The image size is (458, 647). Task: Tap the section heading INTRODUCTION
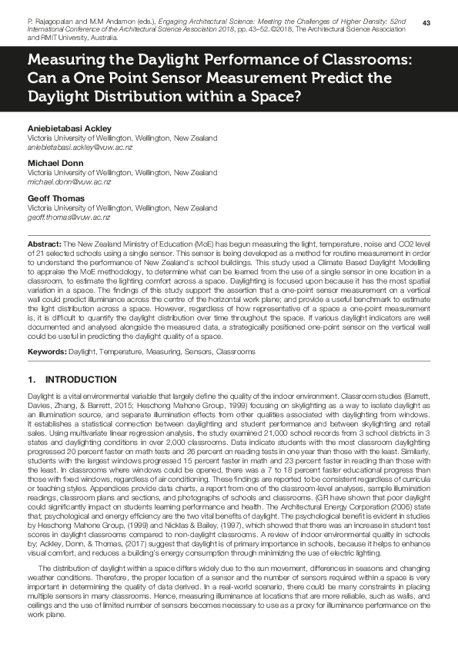[81, 380]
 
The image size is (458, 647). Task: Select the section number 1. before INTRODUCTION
[32, 380]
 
